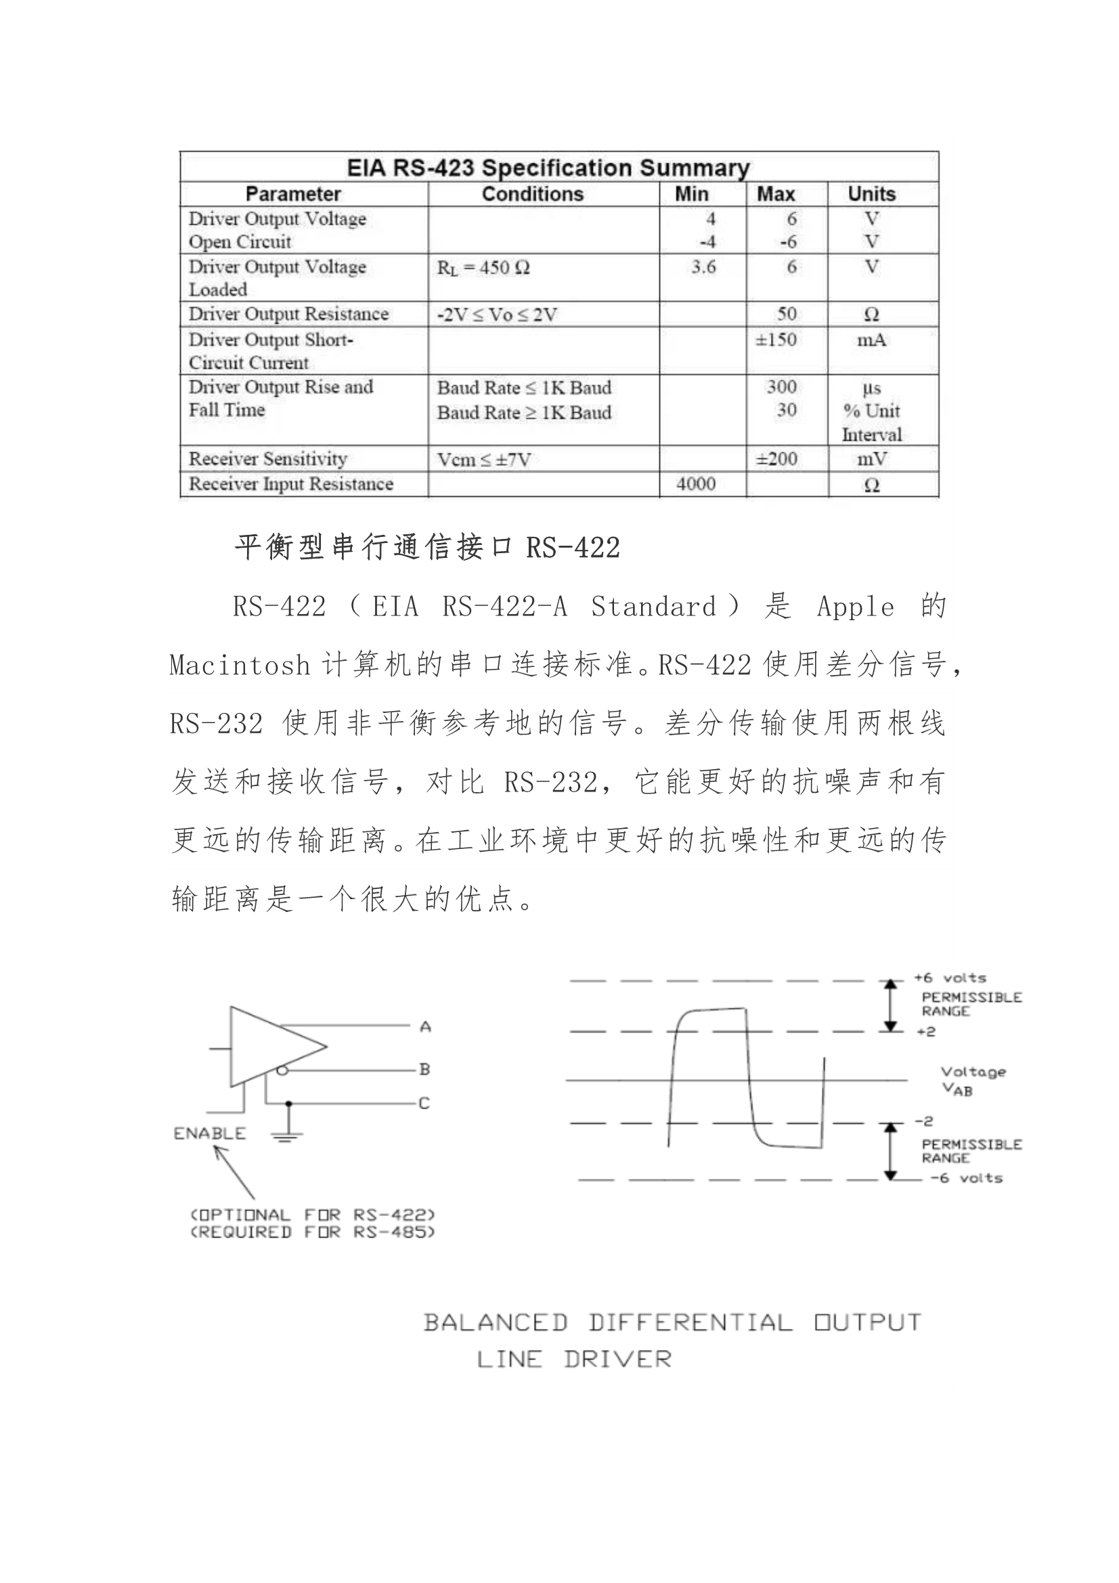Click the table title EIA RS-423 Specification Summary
548,167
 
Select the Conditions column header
532,194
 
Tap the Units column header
871,194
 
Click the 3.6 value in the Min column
703,267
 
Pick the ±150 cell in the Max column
776,340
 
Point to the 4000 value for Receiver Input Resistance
696,484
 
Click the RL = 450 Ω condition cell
483,267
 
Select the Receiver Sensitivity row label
267,459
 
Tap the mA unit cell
871,340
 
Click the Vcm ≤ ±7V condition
484,460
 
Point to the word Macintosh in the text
239,666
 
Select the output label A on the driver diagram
425,1027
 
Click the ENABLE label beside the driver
210,1133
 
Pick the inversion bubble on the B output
282,1070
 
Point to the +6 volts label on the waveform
949,978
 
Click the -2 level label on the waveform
924,1122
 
